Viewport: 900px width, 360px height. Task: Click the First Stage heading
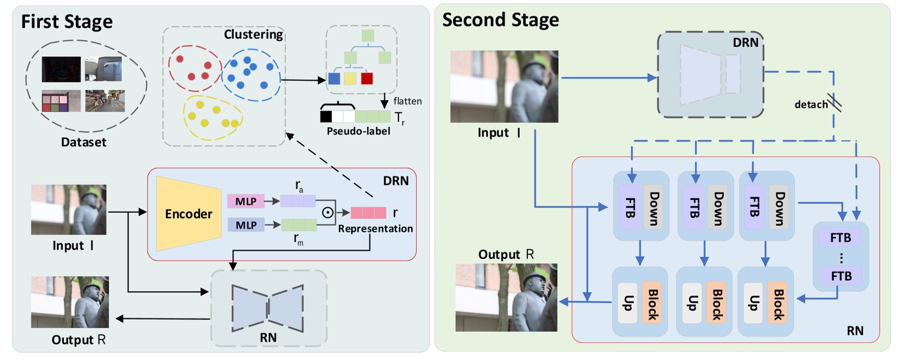(67, 22)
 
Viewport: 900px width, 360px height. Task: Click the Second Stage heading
(500, 20)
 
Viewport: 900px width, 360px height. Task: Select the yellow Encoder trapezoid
(188, 214)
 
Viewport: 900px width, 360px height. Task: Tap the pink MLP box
(246, 201)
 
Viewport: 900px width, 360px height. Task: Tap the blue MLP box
(246, 225)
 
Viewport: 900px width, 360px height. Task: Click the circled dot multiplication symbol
(328, 213)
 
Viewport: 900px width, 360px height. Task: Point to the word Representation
(375, 228)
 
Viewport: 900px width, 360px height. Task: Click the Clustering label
(253, 34)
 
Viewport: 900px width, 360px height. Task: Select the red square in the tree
(367, 78)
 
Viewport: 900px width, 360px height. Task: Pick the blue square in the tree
(334, 78)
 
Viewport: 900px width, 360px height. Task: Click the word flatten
(408, 101)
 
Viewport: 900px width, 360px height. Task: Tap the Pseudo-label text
(358, 131)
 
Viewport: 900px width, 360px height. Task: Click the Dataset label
(83, 142)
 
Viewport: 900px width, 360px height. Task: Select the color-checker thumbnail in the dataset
(61, 101)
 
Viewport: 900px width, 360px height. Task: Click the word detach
(811, 104)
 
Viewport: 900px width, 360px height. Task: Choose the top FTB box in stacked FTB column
(841, 238)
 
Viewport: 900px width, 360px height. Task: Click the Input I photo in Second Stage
(504, 86)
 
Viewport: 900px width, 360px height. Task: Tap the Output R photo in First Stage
(70, 302)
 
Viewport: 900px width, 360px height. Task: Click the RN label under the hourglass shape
(268, 337)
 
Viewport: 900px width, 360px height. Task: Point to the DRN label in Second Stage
(745, 43)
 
